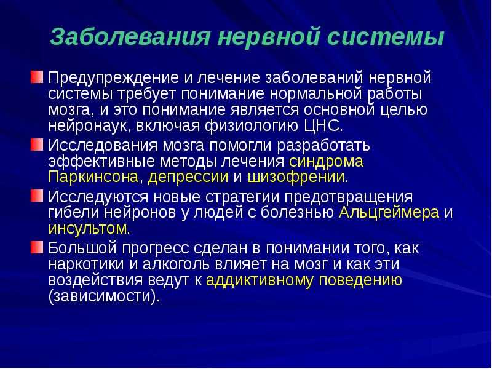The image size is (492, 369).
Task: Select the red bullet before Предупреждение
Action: click(37, 77)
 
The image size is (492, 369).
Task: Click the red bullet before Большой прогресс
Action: click(37, 247)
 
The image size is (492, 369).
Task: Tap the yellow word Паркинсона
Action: click(93, 177)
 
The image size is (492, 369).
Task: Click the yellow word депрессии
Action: click(188, 177)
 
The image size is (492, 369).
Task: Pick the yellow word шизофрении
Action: click(296, 177)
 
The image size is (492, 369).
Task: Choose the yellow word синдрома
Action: click(326, 161)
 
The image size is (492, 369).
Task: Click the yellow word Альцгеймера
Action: click(389, 212)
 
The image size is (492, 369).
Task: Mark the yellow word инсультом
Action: click(87, 228)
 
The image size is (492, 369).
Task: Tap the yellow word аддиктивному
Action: click(259, 280)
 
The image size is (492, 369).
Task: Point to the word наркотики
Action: click(86, 264)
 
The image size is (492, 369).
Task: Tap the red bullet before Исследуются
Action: click(37, 196)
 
